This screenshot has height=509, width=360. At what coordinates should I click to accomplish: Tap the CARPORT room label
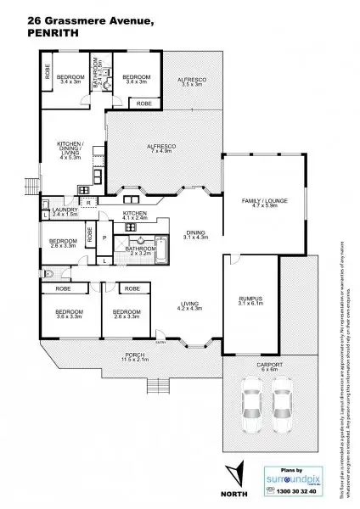point(269,366)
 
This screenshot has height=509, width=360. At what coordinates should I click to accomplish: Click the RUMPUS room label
point(250,300)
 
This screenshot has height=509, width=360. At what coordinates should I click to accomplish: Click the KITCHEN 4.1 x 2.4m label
point(135,214)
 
